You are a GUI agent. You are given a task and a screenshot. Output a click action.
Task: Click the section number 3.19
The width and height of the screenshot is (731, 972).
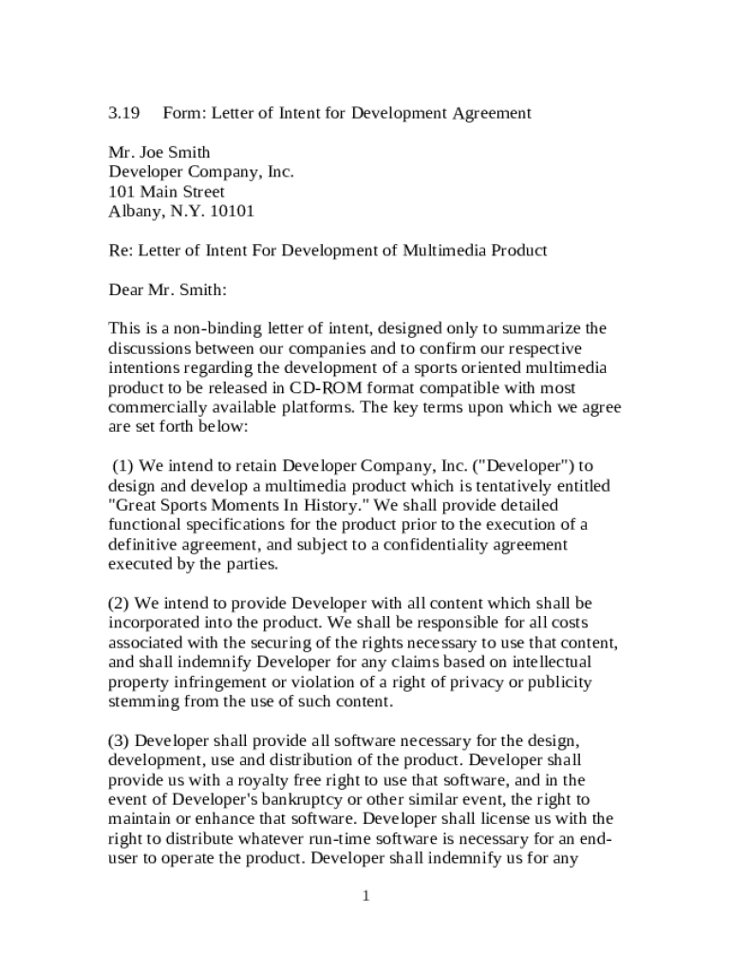pyautogui.click(x=123, y=113)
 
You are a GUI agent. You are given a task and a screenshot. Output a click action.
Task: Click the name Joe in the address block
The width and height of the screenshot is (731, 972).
pyautogui.click(x=153, y=152)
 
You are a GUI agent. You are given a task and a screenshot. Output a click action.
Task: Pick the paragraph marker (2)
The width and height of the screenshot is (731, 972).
pyautogui.click(x=120, y=603)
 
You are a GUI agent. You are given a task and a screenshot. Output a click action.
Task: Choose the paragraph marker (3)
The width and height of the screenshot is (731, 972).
pyautogui.click(x=120, y=739)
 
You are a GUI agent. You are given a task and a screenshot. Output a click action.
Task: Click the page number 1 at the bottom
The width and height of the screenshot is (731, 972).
pyautogui.click(x=365, y=897)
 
